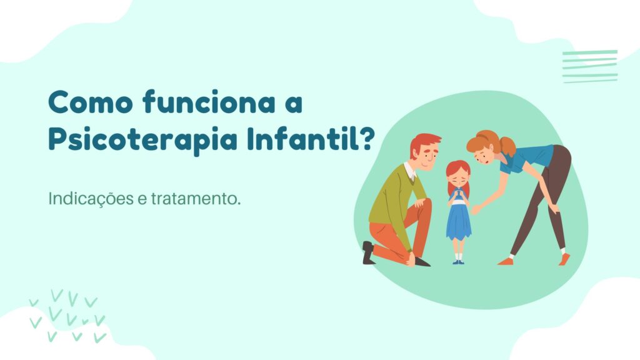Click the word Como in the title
[91, 102]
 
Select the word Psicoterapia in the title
[143, 139]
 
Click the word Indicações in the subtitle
[91, 199]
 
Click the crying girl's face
[458, 177]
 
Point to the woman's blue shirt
[526, 157]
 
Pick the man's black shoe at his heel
[367, 252]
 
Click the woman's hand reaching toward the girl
[476, 210]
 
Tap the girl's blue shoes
[458, 262]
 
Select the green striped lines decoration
[590, 66]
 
